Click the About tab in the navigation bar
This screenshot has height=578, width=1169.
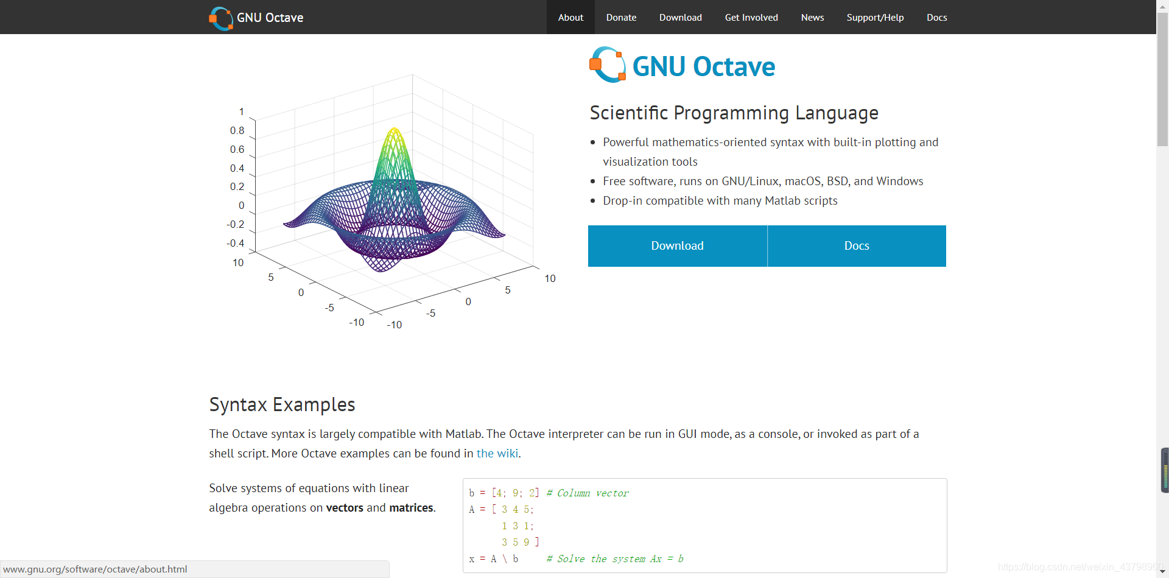click(570, 18)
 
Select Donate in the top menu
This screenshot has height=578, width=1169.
click(621, 18)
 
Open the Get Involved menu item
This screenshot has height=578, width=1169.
click(751, 18)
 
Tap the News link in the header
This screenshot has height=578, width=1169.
click(812, 18)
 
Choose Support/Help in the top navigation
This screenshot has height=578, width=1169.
click(875, 18)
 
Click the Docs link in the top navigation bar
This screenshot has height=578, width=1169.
click(936, 18)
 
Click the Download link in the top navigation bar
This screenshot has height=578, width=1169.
click(680, 18)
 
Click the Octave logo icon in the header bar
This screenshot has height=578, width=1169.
click(221, 18)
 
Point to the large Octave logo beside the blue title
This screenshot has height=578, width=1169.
click(608, 65)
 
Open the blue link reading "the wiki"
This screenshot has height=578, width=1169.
click(497, 453)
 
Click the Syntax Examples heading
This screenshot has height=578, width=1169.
click(282, 404)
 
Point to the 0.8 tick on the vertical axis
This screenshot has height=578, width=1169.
click(237, 130)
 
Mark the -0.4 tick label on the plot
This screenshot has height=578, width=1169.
click(235, 243)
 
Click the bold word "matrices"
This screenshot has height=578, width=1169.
click(411, 507)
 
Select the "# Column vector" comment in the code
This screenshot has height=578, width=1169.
click(588, 493)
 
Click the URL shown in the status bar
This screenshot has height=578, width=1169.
click(95, 569)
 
